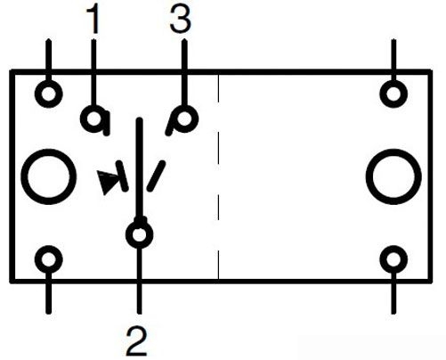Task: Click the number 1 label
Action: (93, 20)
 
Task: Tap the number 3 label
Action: (181, 20)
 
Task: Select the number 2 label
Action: (137, 340)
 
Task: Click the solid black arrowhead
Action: (108, 181)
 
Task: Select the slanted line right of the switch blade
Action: (156, 176)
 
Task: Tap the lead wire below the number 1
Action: (93, 72)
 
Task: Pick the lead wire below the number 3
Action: (184, 72)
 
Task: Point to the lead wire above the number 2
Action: (140, 281)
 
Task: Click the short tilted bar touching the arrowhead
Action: (122, 176)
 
